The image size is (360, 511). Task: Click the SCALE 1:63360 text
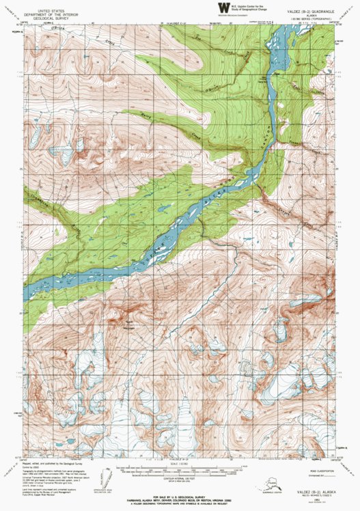click(180, 464)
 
